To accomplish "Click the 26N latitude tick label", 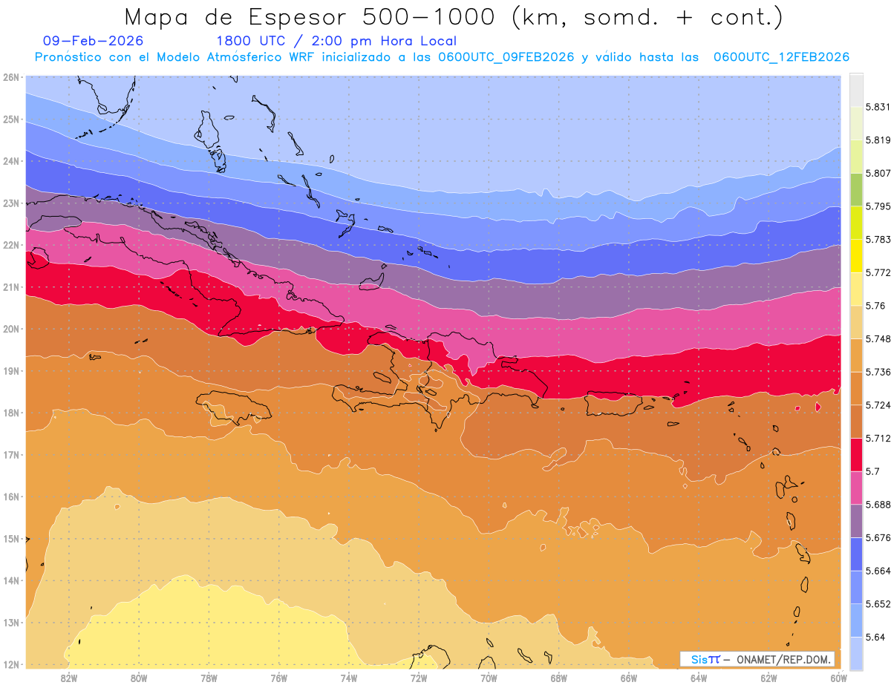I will click(10, 77).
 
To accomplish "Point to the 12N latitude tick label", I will click(10, 664).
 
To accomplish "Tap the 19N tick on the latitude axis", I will click(10, 371).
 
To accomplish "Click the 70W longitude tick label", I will click(489, 678).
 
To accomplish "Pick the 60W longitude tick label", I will click(838, 678).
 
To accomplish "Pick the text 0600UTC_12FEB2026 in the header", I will click(781, 57).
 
